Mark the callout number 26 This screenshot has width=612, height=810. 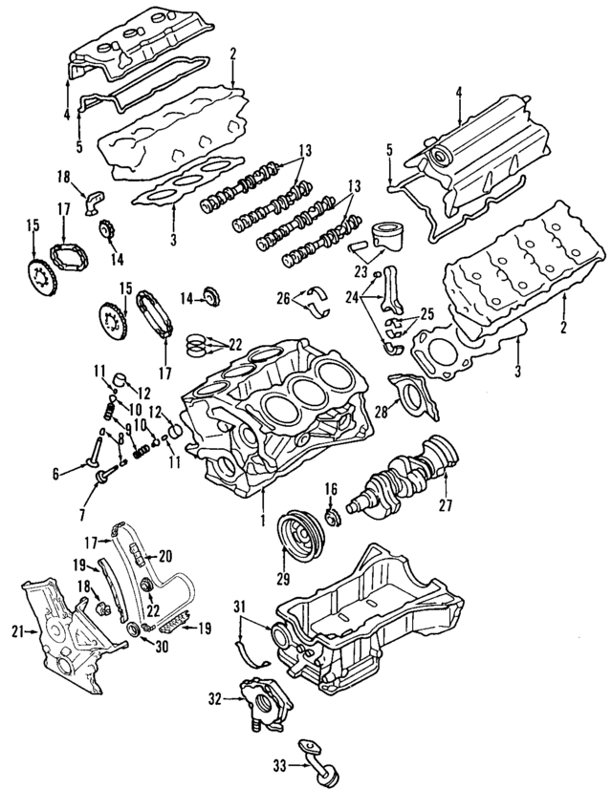(282, 298)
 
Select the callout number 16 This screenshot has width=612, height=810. (331, 488)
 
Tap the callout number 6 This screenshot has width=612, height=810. (55, 473)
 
